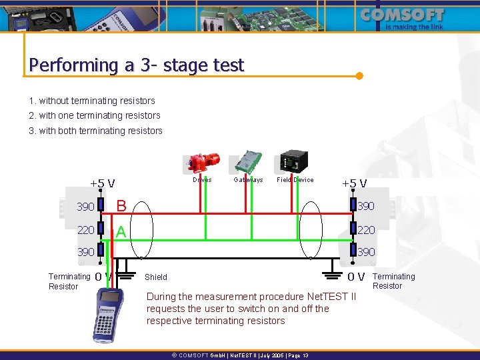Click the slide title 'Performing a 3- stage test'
click(x=137, y=65)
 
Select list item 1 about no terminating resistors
click(x=92, y=101)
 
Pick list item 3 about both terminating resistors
click(x=95, y=131)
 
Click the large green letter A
click(x=121, y=231)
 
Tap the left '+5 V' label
click(x=103, y=183)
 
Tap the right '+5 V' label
click(x=354, y=183)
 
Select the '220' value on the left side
click(x=85, y=229)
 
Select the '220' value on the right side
click(x=367, y=229)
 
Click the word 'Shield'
click(x=156, y=277)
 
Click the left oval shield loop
click(x=142, y=230)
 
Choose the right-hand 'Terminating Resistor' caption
click(x=393, y=281)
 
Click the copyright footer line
click(x=240, y=356)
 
